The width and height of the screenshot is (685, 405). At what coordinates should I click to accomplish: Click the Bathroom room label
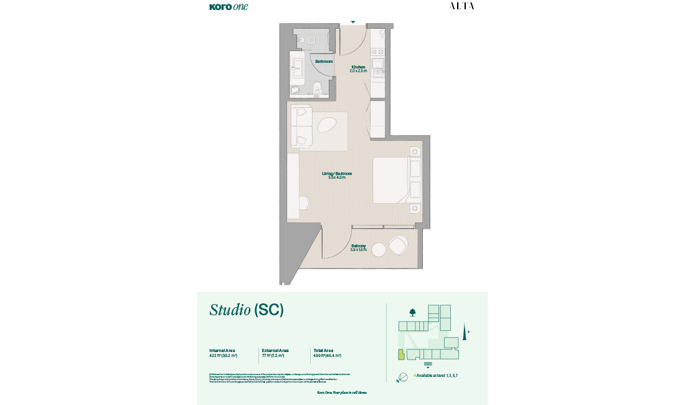(x=324, y=62)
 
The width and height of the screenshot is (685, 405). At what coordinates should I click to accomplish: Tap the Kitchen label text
(x=358, y=67)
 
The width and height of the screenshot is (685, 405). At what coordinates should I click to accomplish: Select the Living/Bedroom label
(x=338, y=173)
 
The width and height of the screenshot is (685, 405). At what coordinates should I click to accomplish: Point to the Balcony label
(x=359, y=245)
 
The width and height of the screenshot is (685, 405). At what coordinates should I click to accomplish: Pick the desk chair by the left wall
(x=303, y=203)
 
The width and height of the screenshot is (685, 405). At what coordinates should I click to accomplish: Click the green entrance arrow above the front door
(x=353, y=22)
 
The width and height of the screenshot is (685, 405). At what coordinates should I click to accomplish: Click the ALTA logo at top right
(x=461, y=6)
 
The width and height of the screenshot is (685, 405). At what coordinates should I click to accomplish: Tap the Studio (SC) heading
(x=247, y=310)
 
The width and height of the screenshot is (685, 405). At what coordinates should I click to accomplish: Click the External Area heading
(x=275, y=350)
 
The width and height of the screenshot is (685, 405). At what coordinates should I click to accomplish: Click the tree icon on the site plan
(x=412, y=312)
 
